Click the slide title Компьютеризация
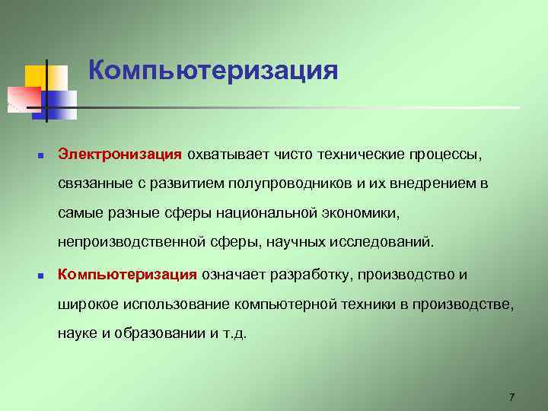click(213, 71)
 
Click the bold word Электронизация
click(119, 155)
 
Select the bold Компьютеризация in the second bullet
click(128, 274)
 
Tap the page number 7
click(511, 397)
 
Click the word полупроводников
click(294, 183)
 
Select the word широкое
click(89, 304)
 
